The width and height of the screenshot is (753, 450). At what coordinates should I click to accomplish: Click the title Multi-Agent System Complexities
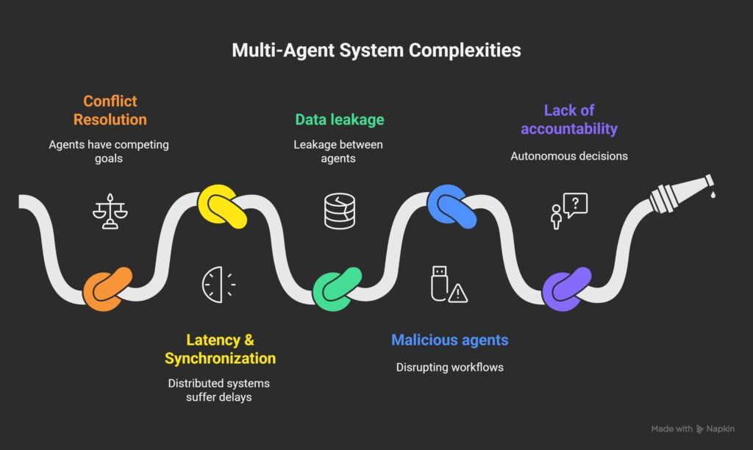376,50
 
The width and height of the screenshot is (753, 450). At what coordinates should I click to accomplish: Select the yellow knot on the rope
222,207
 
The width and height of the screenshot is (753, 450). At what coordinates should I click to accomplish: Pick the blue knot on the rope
452,207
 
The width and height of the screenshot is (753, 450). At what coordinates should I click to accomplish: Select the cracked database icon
339,210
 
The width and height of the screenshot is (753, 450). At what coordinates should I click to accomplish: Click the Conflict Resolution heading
110,110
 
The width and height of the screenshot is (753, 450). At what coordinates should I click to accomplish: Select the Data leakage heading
339,119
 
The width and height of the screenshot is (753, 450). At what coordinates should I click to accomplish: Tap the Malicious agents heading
449,340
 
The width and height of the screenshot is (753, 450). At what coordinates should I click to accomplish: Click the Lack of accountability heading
568,120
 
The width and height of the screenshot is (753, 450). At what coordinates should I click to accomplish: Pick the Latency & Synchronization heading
220,349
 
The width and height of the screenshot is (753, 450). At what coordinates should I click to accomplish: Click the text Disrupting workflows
449,367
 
